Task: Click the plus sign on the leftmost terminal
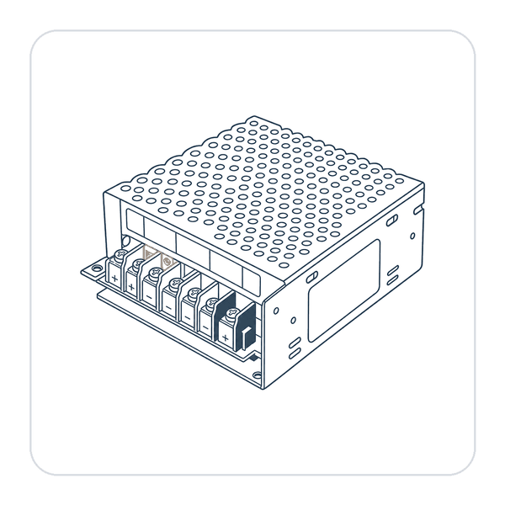pyautogui.click(x=114, y=279)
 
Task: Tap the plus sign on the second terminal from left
pyautogui.click(x=131, y=286)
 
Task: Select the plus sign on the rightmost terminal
pyautogui.click(x=225, y=338)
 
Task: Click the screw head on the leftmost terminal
pyautogui.click(x=120, y=254)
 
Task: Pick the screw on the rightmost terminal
pyautogui.click(x=232, y=313)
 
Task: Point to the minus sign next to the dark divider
pyautogui.click(x=205, y=328)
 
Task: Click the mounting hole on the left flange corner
pyautogui.click(x=96, y=268)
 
